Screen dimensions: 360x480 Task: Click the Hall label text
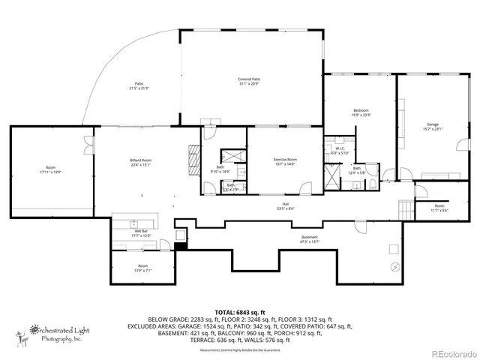click(285, 205)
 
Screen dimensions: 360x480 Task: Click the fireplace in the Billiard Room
click(193, 158)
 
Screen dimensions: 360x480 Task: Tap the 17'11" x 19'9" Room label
click(51, 169)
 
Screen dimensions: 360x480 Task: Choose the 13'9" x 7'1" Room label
click(142, 268)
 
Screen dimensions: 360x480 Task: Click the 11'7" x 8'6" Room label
click(439, 208)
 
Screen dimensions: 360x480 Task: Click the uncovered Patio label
click(139, 85)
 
